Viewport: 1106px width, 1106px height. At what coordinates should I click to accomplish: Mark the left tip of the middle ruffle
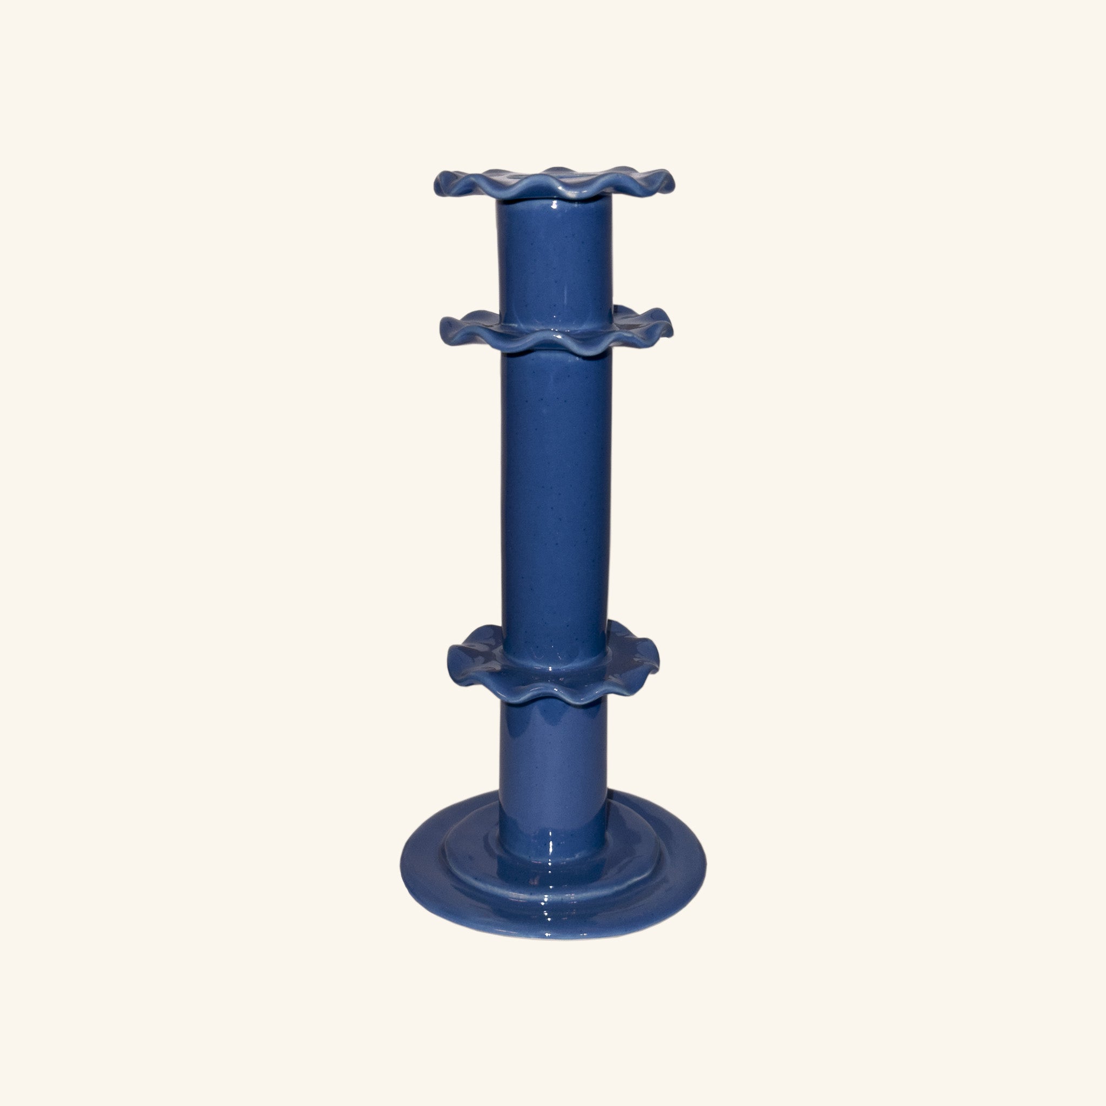[x=441, y=328]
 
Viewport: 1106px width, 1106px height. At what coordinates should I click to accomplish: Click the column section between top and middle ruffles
[x=554, y=258]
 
